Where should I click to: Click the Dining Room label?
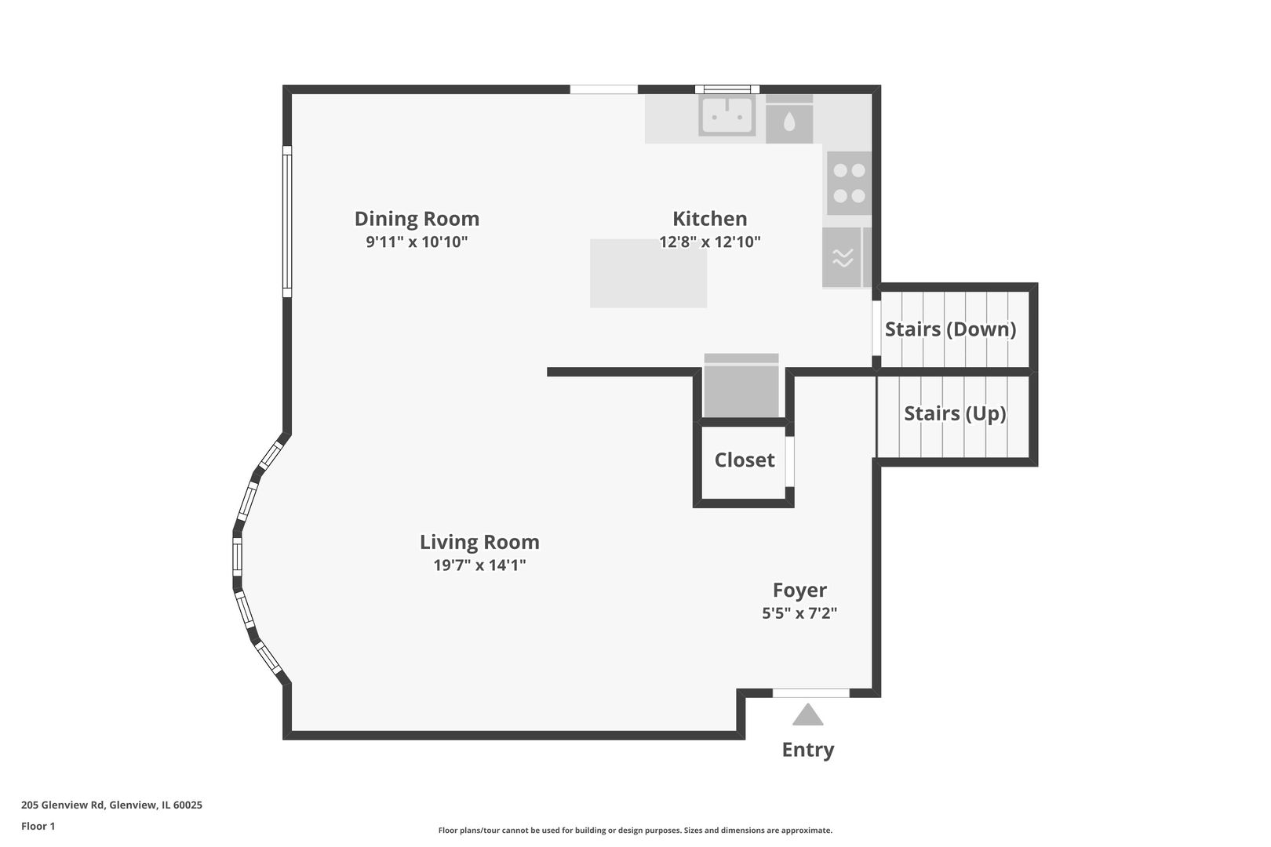[x=417, y=218]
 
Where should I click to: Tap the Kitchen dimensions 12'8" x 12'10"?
[x=710, y=242]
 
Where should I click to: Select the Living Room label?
[x=479, y=542]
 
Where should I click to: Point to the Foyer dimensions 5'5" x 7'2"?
[x=799, y=613]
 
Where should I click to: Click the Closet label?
[x=745, y=460]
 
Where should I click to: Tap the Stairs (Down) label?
[x=950, y=329]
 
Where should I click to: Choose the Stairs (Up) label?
[x=955, y=413]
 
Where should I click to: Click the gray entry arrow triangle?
[x=808, y=714]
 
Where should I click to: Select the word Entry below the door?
[x=808, y=750]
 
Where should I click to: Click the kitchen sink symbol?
[x=727, y=116]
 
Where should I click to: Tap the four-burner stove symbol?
[x=849, y=184]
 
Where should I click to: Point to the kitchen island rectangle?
[x=649, y=274]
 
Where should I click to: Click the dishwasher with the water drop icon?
[x=789, y=120]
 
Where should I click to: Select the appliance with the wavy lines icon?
[x=843, y=257]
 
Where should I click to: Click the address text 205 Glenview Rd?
[x=63, y=805]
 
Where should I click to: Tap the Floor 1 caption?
[x=38, y=826]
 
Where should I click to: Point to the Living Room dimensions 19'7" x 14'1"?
[x=479, y=565]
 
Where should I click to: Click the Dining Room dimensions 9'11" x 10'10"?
[x=417, y=242]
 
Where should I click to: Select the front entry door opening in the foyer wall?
[x=810, y=693]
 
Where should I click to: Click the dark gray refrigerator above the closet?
[x=741, y=386]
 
